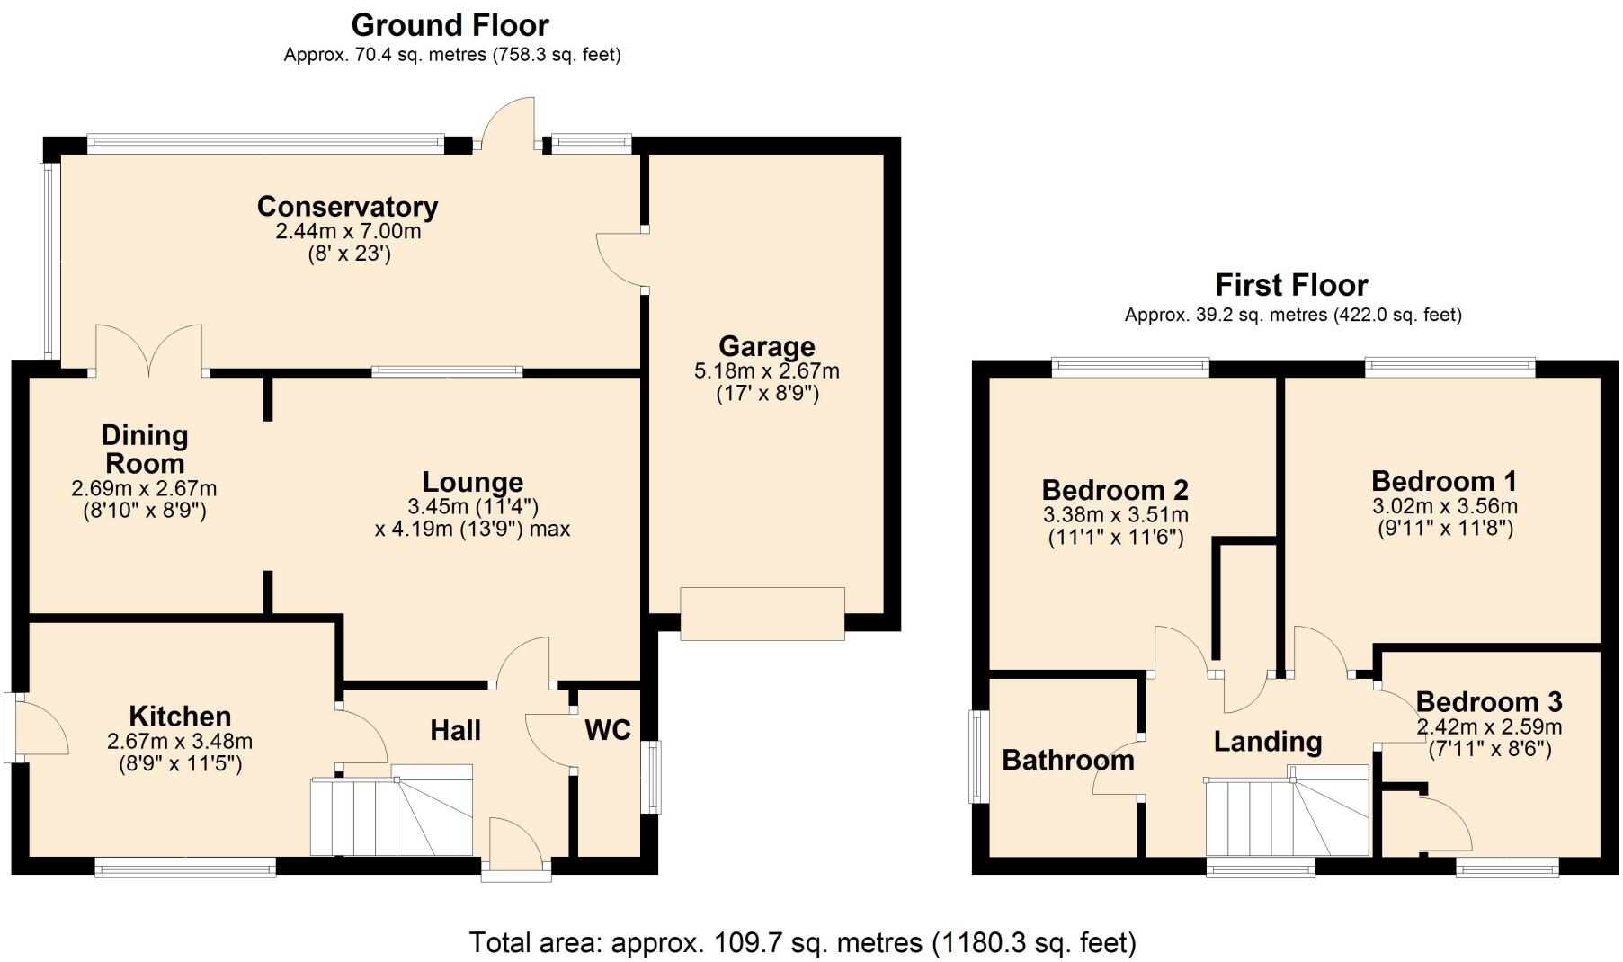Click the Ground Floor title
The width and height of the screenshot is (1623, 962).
(x=450, y=24)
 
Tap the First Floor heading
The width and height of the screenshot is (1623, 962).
(x=1291, y=285)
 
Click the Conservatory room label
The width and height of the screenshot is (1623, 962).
(x=347, y=207)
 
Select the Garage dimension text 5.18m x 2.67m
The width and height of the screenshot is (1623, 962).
(x=767, y=370)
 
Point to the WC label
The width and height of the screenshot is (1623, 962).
(x=608, y=730)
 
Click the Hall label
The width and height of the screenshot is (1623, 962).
(x=455, y=730)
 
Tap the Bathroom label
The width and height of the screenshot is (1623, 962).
(x=1067, y=761)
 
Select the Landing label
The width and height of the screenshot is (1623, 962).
(x=1267, y=742)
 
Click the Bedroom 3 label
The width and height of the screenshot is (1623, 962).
(x=1488, y=701)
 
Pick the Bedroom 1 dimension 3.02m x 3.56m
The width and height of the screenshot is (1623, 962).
(x=1446, y=506)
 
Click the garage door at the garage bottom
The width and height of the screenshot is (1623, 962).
(x=762, y=613)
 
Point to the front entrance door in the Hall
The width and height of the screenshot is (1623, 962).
(x=515, y=845)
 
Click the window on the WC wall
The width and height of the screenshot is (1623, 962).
(x=654, y=777)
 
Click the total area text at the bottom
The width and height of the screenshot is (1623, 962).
(x=802, y=942)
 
